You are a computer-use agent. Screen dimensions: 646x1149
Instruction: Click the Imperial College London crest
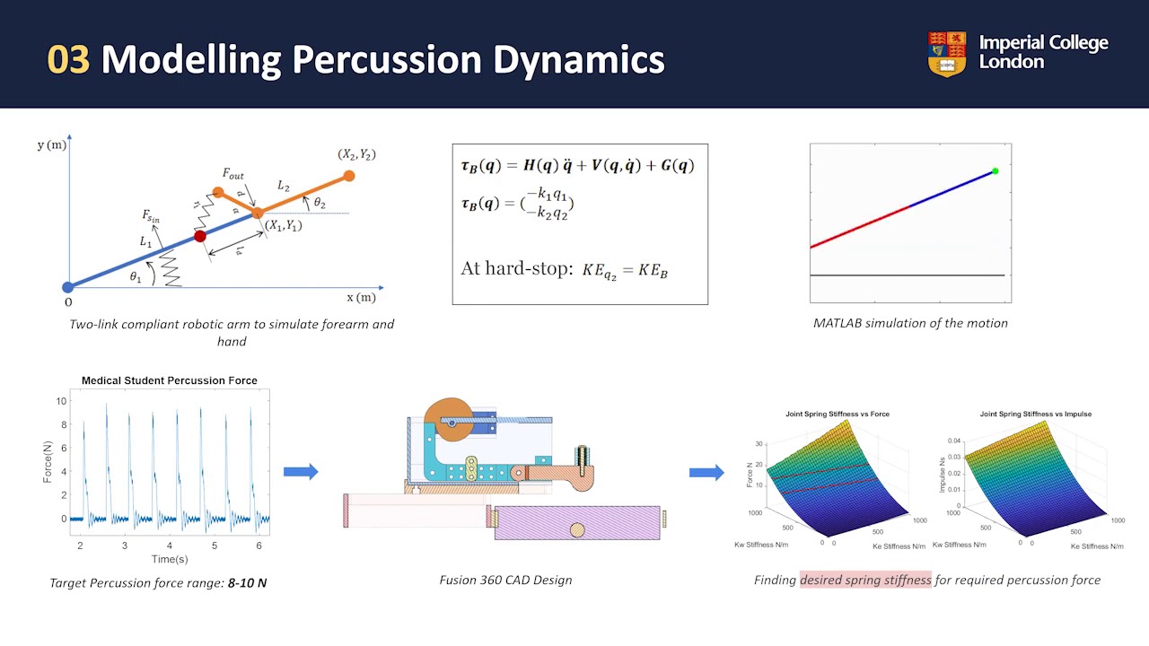[947, 53]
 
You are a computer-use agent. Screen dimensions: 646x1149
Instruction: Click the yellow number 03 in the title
[68, 59]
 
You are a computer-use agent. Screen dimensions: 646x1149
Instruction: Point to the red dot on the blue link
[200, 236]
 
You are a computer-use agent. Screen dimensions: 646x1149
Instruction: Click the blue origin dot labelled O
[67, 287]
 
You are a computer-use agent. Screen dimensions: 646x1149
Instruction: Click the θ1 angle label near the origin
[136, 277]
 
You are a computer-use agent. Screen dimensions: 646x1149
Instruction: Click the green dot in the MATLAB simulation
[995, 171]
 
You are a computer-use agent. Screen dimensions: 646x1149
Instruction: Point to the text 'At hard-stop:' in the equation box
[515, 268]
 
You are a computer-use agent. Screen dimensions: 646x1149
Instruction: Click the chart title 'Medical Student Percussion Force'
[169, 380]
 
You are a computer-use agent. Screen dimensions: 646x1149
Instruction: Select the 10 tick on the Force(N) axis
[62, 400]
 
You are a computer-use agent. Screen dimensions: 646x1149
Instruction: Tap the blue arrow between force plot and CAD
[301, 472]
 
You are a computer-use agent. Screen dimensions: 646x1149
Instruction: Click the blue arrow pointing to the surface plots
[706, 472]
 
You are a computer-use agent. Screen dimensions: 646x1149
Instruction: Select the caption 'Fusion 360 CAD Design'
[505, 580]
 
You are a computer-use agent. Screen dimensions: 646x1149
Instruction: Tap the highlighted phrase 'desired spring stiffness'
[865, 580]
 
